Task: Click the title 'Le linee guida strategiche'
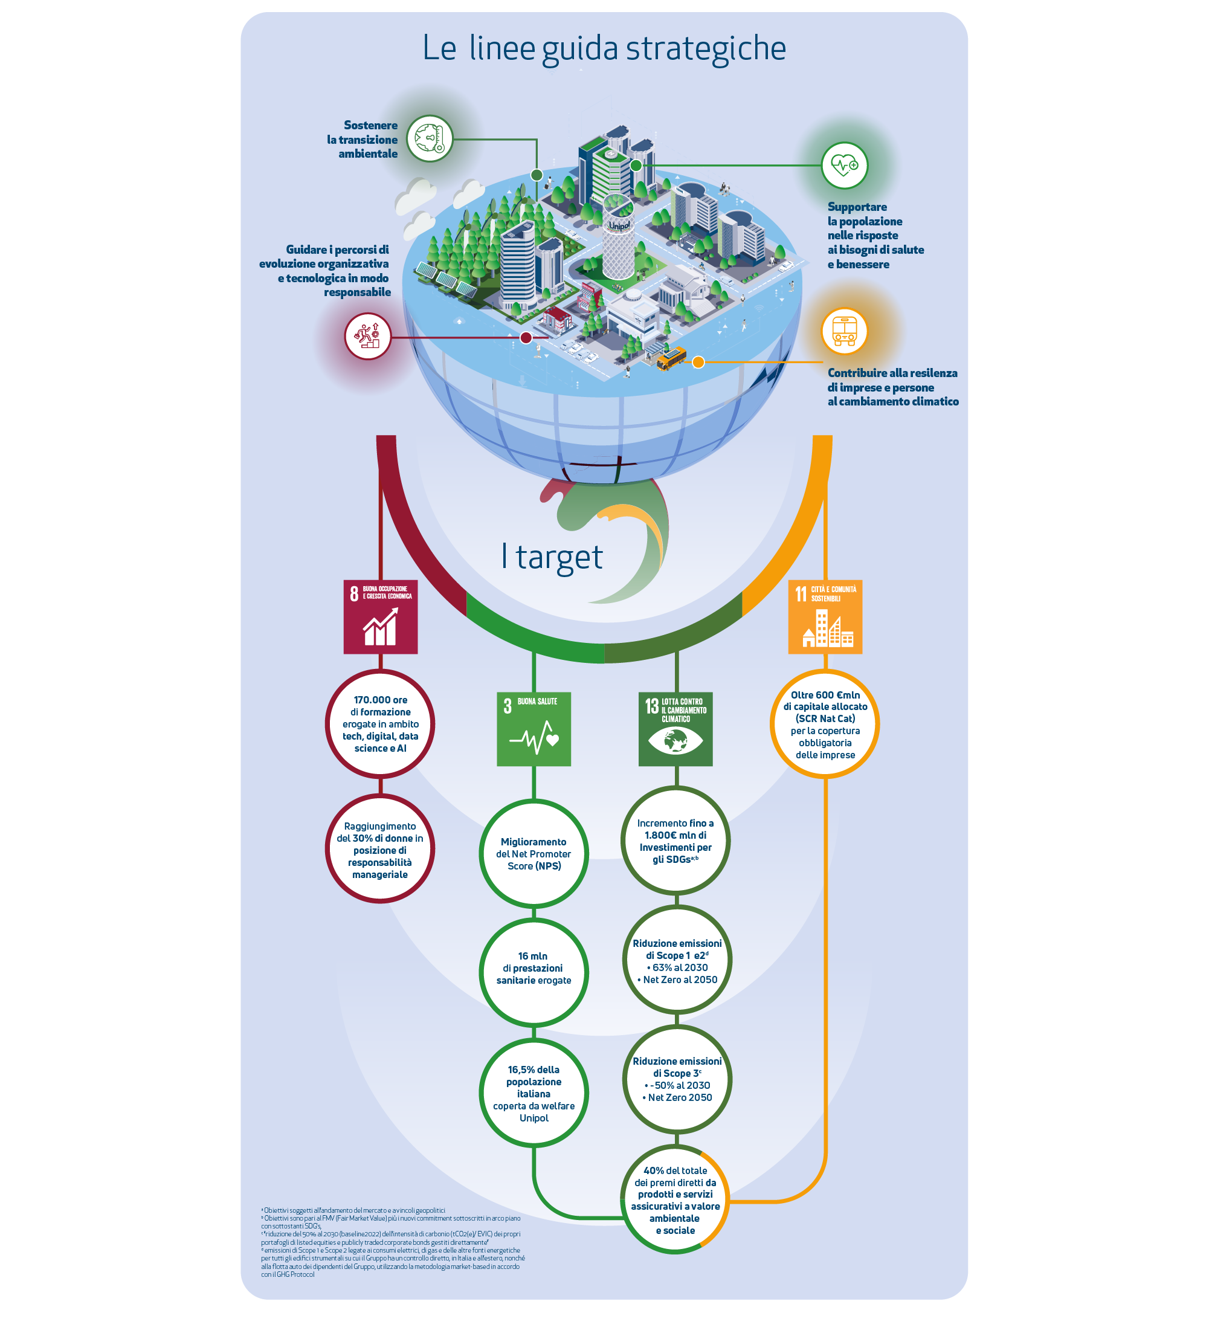click(604, 48)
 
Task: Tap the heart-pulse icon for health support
click(843, 165)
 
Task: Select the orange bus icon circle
click(843, 331)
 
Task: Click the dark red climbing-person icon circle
click(367, 336)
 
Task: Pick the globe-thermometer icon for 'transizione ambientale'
click(429, 138)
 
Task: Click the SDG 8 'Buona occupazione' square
click(380, 616)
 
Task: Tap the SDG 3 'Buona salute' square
click(533, 728)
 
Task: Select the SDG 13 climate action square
click(675, 728)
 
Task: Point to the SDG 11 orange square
click(825, 616)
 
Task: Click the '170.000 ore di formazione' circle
click(380, 723)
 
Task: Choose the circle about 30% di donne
click(380, 849)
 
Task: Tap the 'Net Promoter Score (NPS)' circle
click(533, 853)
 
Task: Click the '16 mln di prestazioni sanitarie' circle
click(533, 968)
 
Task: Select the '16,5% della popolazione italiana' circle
click(533, 1093)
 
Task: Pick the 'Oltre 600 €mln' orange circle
click(825, 724)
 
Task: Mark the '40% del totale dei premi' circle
click(675, 1199)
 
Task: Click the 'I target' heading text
click(552, 556)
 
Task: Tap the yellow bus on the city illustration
click(670, 358)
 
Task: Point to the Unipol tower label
click(619, 225)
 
